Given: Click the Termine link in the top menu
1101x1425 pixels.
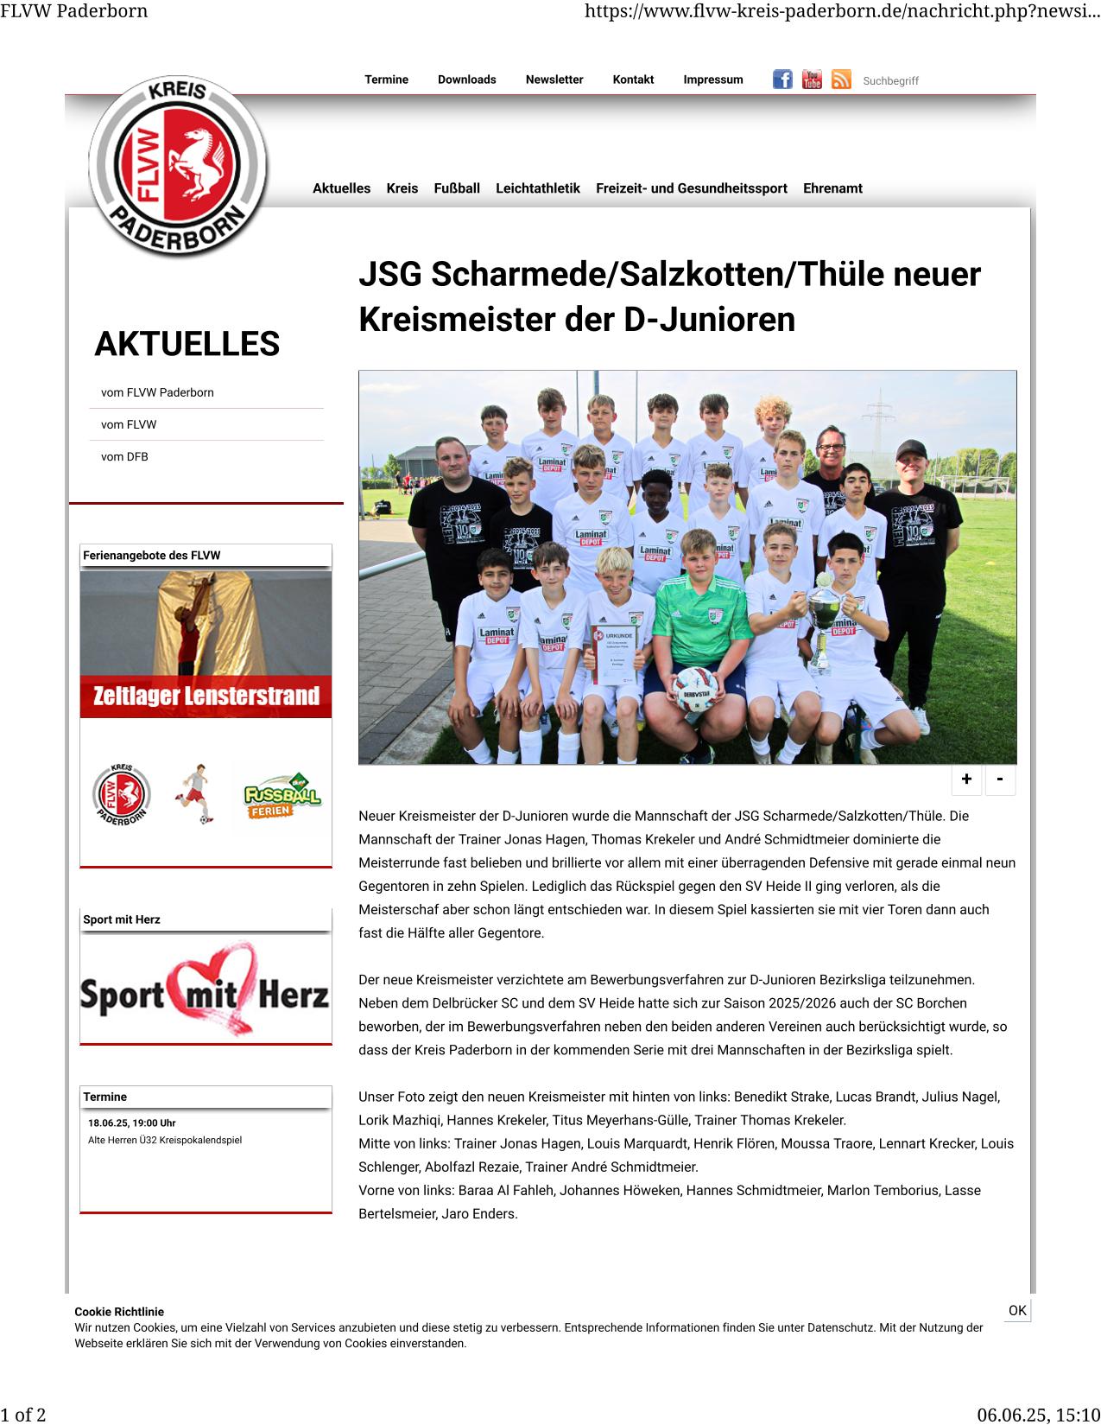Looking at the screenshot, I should tap(386, 80).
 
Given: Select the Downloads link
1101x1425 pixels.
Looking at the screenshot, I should tap(466, 80).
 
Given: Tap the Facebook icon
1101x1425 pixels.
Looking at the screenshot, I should tap(782, 80).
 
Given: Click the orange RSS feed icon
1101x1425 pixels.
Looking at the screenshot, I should tap(841, 80).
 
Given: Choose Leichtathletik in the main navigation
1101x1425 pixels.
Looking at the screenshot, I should tap(537, 188).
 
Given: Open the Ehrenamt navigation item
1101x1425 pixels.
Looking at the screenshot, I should tap(832, 188).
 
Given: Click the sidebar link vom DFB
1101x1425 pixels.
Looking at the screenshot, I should tap(124, 457).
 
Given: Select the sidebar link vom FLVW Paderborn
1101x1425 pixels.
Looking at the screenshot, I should tap(157, 392).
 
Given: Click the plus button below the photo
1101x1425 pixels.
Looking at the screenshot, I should tap(966, 779).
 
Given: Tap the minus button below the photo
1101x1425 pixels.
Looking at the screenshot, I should tap(1000, 779).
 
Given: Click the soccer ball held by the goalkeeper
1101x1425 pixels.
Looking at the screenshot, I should tap(695, 689).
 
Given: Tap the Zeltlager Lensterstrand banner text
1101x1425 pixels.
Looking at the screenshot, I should tap(206, 697).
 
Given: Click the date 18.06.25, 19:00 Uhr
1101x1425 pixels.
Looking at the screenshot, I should tap(131, 1123).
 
